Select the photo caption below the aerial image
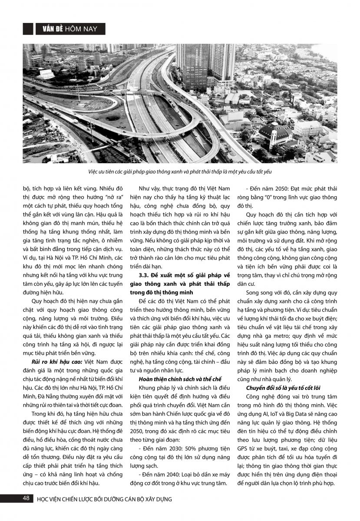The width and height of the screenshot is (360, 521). point(179,172)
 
